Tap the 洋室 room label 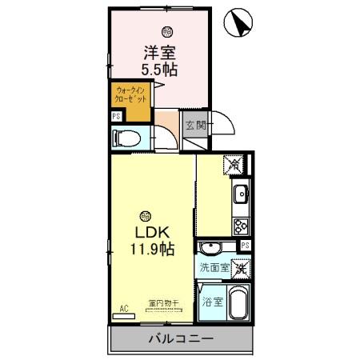point(160,53)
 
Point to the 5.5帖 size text point(160,69)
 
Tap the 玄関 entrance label point(196,126)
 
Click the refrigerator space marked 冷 point(234,164)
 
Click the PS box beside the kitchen point(246,245)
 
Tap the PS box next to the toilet point(116,115)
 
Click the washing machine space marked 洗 point(240,270)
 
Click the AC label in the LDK point(124,307)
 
